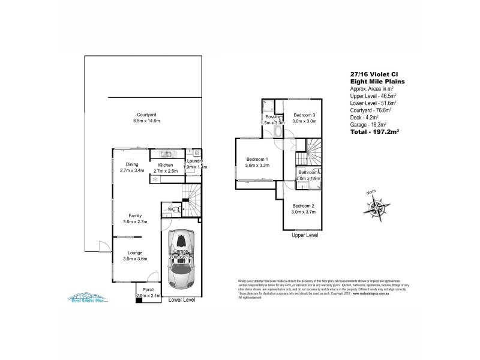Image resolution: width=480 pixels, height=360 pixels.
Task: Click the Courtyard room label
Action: [x=146, y=114]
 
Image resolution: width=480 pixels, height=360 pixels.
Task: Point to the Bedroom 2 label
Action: [x=303, y=206]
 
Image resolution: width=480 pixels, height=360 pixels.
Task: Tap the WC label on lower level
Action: [x=171, y=209]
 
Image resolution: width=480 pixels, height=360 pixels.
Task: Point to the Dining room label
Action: [x=132, y=164]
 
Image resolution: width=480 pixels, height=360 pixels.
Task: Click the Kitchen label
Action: [x=166, y=165]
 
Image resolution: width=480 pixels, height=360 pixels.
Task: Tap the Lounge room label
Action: [x=135, y=253]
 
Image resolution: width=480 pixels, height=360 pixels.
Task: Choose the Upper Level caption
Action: [x=304, y=235]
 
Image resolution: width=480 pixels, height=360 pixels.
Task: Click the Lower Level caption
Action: [x=182, y=299]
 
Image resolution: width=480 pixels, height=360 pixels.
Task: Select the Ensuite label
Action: [x=273, y=116]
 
